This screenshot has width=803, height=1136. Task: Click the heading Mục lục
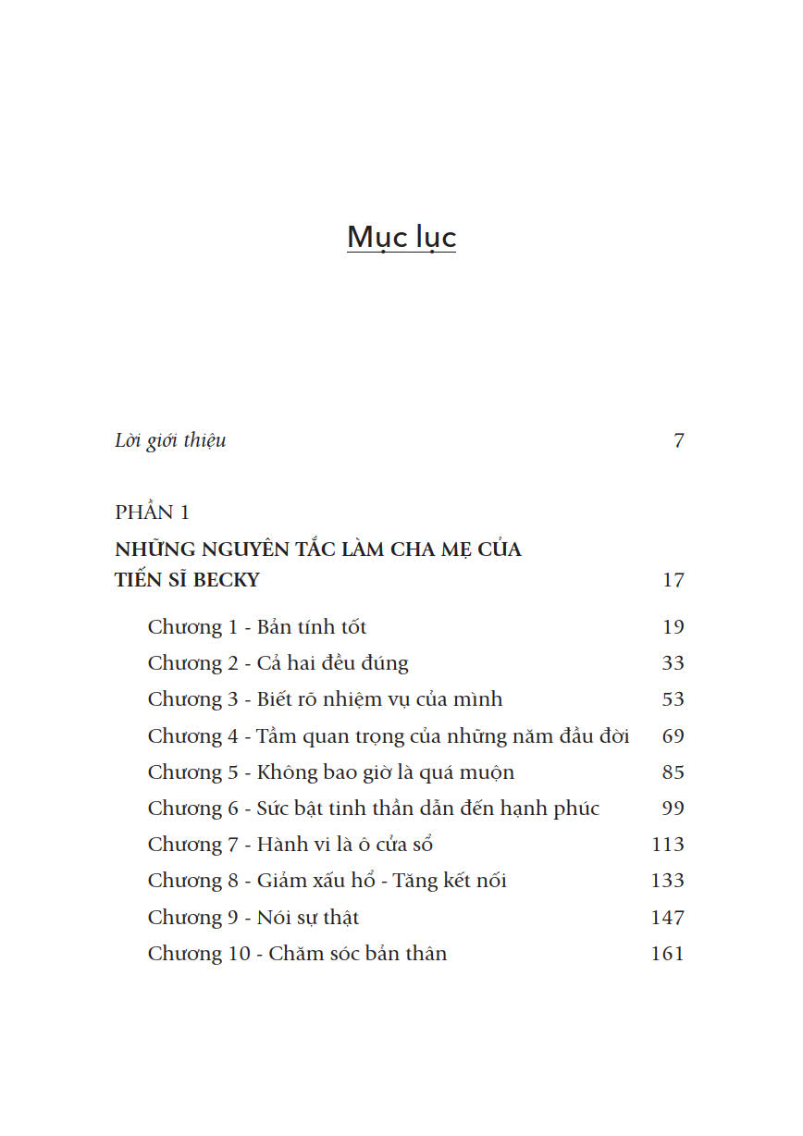401,238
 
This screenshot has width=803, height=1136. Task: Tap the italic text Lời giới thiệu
170,440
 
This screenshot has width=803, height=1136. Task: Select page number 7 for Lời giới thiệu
678,440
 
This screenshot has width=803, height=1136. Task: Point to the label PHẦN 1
152,512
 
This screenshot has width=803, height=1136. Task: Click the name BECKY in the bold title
229,581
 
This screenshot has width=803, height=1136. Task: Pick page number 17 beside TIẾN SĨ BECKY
673,581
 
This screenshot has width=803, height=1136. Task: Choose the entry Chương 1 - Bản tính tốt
257,627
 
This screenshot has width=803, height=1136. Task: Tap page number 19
673,627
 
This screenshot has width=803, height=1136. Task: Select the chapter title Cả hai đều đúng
332,663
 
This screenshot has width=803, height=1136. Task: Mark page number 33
673,663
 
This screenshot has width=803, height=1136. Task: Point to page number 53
673,699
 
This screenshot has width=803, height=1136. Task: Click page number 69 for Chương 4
673,736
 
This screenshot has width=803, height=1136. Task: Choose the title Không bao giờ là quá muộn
385,772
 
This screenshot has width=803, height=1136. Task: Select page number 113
667,845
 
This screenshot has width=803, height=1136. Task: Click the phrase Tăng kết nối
450,881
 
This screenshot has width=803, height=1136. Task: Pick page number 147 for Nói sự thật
667,918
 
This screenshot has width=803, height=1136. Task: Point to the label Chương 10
199,954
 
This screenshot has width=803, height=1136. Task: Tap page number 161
667,954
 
